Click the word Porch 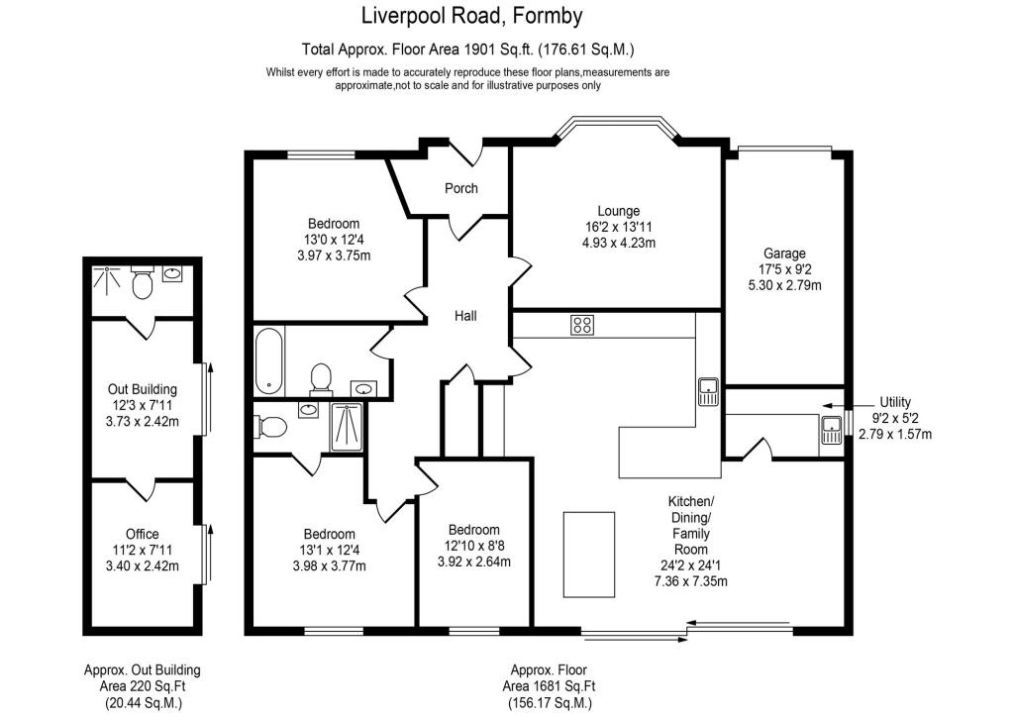[x=460, y=188]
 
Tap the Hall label [x=465, y=316]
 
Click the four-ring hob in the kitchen [x=581, y=325]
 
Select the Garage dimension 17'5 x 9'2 [x=783, y=269]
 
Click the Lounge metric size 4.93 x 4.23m [x=618, y=243]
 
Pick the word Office [x=142, y=535]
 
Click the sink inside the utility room [x=830, y=430]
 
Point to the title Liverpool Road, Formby [x=470, y=16]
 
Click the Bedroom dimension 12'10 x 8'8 [x=473, y=546]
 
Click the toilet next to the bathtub [x=321, y=377]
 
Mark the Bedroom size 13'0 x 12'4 [x=333, y=240]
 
